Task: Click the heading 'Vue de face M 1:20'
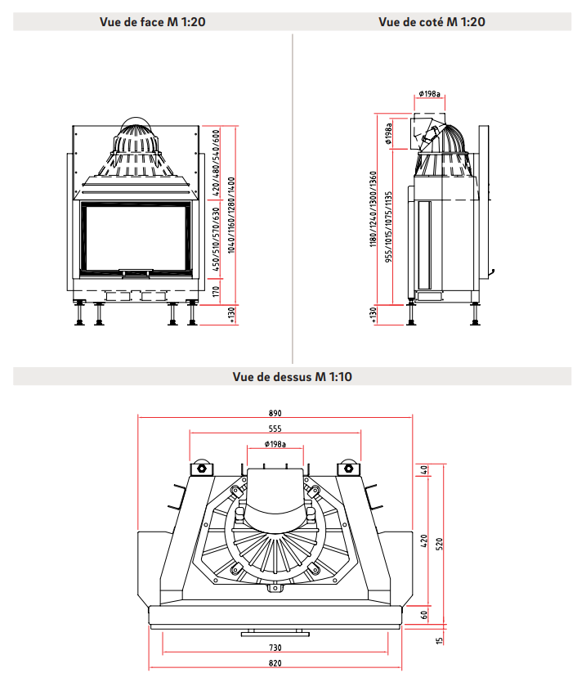(x=152, y=22)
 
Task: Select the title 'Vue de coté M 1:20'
(x=432, y=22)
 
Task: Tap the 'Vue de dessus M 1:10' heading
(x=292, y=376)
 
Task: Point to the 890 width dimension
(x=275, y=413)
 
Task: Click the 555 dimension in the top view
(x=275, y=428)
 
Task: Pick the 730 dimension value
(x=275, y=648)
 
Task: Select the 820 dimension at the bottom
(x=275, y=663)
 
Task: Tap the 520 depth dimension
(x=440, y=544)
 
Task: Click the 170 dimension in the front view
(x=216, y=292)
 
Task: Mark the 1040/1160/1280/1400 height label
(x=231, y=215)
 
